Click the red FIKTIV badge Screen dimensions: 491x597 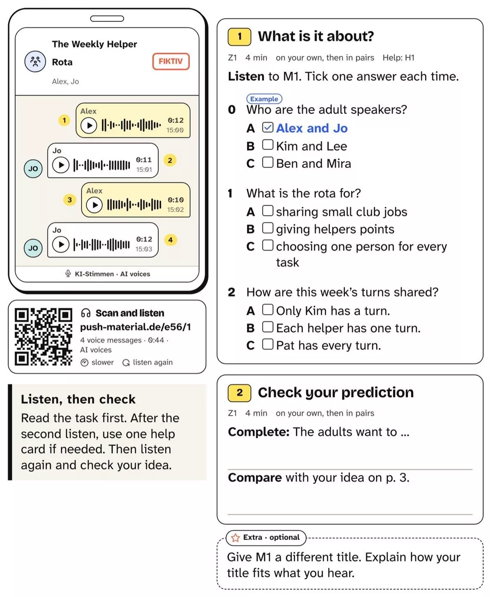[171, 61]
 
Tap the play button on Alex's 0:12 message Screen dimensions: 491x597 [89, 126]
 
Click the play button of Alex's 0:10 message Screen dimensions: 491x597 [94, 205]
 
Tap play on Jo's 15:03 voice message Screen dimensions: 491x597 [61, 244]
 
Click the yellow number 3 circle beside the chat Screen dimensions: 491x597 [70, 200]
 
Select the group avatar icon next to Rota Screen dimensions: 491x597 [35, 61]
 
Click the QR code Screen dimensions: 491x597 [44, 337]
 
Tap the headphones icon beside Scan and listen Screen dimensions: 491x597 [86, 313]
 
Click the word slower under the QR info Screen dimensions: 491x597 [102, 362]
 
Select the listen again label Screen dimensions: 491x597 [152, 362]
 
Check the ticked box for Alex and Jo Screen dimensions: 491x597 [268, 127]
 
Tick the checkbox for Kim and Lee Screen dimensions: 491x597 [268, 145]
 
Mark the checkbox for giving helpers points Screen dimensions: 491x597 [268, 228]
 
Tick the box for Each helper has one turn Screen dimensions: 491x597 [268, 327]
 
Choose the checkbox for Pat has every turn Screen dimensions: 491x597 [268, 344]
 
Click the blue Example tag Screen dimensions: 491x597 [264, 99]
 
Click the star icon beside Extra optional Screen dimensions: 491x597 [235, 537]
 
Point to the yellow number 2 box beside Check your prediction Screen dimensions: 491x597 [240, 393]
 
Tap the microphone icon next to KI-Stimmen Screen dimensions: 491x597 [68, 273]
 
